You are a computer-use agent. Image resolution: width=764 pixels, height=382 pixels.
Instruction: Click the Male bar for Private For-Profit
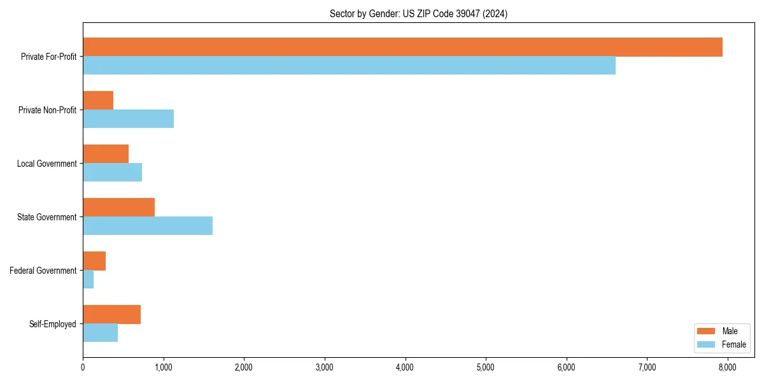click(x=402, y=47)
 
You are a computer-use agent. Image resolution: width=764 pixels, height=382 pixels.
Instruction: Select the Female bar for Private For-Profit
click(x=349, y=66)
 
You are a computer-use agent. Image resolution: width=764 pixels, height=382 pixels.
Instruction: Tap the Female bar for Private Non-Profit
click(x=128, y=119)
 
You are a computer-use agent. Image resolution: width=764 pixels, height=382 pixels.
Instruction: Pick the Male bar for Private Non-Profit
click(x=98, y=101)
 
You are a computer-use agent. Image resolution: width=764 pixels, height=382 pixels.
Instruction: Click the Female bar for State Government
click(x=148, y=226)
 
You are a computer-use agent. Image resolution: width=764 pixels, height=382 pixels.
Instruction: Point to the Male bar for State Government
click(x=118, y=208)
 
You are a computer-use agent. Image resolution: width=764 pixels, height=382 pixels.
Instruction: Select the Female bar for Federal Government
click(x=88, y=279)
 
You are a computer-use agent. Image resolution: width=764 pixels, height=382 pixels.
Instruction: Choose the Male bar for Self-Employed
click(x=111, y=315)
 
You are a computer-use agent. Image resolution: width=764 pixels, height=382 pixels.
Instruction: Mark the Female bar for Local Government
click(x=112, y=173)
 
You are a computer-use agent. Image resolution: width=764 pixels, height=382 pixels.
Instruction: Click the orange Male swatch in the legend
click(x=707, y=331)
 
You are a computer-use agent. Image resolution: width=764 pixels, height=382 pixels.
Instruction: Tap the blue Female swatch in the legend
click(x=707, y=344)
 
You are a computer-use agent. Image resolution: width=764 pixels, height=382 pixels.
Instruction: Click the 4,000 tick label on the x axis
click(x=405, y=367)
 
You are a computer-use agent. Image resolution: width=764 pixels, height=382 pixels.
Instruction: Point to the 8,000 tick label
click(x=727, y=367)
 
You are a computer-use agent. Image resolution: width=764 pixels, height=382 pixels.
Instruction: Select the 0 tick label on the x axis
click(x=83, y=367)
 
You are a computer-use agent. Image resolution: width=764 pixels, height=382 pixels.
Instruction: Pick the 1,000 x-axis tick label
click(x=164, y=367)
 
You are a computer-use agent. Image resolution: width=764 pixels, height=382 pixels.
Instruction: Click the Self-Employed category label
click(x=53, y=324)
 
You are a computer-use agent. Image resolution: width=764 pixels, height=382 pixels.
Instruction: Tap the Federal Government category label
click(x=43, y=271)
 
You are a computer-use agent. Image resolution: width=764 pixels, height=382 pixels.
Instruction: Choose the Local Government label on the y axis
click(x=46, y=164)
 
